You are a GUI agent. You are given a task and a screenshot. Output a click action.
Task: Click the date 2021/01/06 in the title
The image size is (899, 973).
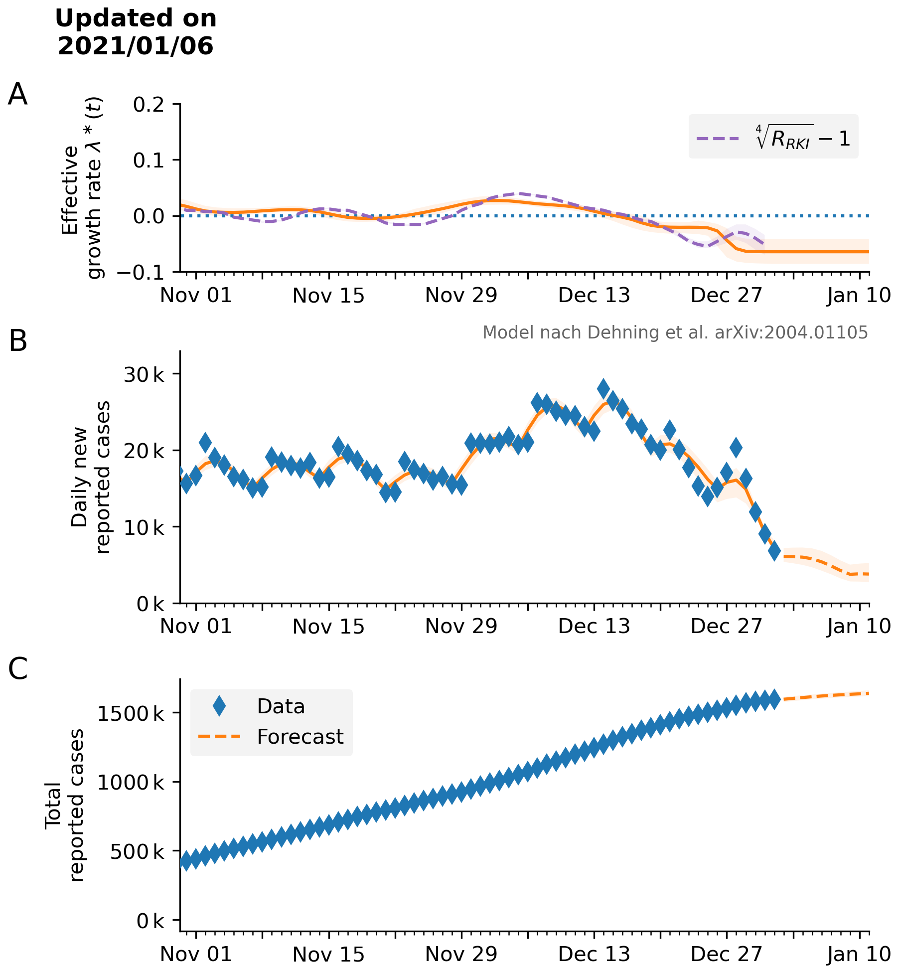tap(136, 46)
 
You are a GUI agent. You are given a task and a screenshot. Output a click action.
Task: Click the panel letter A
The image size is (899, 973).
tap(18, 94)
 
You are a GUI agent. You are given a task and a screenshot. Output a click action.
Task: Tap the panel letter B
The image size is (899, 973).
tap(18, 341)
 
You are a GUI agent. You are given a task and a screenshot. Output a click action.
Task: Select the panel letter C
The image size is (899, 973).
tap(18, 668)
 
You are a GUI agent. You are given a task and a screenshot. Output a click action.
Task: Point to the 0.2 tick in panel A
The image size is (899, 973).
tap(148, 104)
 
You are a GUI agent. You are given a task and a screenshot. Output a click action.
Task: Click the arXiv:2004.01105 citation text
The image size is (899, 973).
tap(791, 332)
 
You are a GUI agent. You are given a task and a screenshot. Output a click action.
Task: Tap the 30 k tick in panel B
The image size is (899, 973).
tap(144, 374)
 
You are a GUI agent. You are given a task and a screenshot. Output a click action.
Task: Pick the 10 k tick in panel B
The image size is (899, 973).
tap(144, 527)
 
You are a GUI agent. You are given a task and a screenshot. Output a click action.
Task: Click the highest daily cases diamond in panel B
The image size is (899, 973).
tap(603, 388)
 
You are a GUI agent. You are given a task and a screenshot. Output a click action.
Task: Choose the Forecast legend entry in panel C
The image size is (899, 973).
tap(272, 737)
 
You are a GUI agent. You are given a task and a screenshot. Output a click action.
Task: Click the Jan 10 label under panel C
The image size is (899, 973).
tap(859, 954)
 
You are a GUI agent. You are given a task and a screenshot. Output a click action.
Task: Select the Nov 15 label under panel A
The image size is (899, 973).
tap(328, 296)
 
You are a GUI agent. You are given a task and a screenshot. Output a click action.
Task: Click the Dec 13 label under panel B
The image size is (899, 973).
tap(594, 626)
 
